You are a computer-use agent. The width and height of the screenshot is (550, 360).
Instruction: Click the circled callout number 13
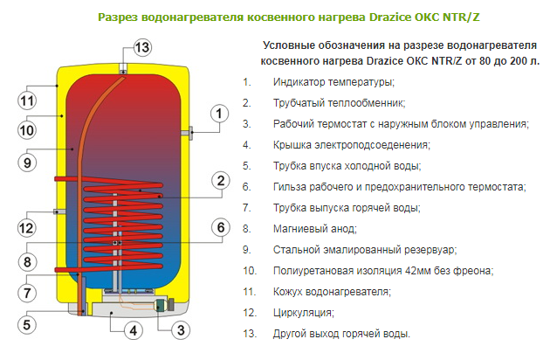point(142,47)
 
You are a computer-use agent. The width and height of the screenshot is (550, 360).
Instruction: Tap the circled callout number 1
point(220,114)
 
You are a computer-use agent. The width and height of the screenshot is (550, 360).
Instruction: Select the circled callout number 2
point(221,181)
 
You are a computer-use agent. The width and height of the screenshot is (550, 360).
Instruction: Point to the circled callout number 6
point(221,227)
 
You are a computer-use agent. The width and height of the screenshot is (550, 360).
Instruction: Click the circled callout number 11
point(27,100)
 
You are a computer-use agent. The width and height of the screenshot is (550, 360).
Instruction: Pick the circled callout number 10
point(27,130)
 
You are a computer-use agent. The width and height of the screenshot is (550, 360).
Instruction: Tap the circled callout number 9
point(27,163)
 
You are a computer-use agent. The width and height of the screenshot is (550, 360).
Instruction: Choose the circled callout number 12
point(27,228)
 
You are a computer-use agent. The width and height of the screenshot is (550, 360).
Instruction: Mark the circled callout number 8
point(27,261)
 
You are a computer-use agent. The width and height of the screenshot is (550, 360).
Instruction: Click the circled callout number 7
point(27,293)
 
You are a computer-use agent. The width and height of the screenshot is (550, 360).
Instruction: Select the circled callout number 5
point(27,324)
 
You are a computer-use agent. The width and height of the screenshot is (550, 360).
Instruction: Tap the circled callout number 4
point(134,330)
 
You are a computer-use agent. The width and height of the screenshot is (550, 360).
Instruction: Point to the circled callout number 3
point(181,330)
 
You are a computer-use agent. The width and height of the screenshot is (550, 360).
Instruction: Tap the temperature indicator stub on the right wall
point(187,133)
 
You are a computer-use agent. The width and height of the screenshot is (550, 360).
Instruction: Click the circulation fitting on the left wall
point(59,211)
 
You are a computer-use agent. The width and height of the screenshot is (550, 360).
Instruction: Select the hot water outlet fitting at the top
point(123,69)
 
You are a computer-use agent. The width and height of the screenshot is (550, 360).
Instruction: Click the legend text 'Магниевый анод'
point(314,229)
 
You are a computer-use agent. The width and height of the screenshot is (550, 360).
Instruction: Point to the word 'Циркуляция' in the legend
point(303,313)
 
